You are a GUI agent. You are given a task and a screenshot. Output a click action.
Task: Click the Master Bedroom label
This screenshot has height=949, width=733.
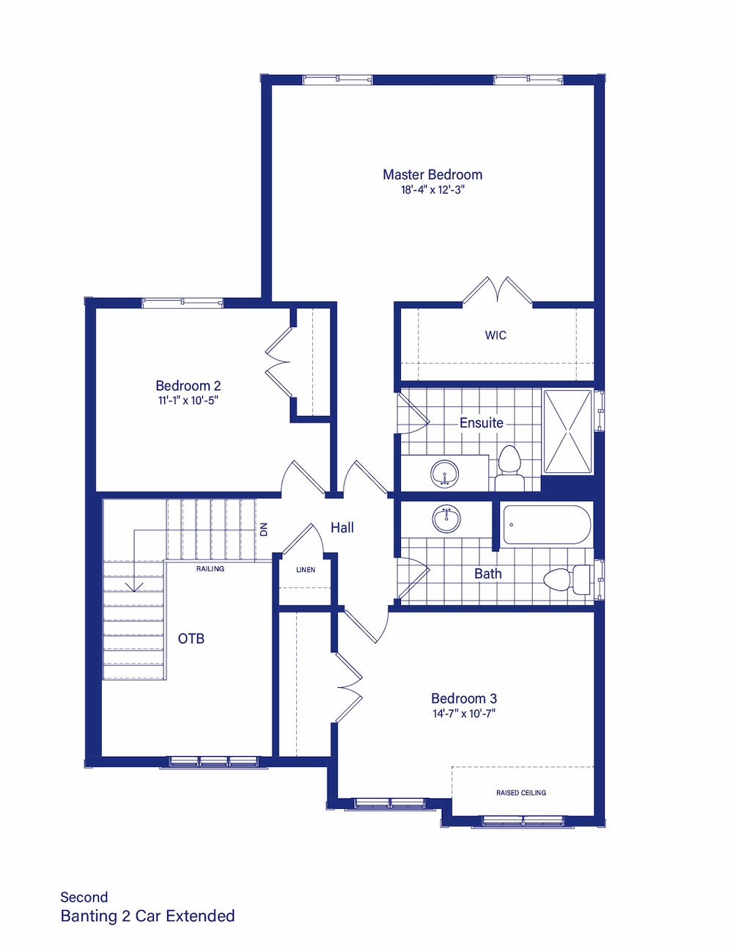tap(432, 175)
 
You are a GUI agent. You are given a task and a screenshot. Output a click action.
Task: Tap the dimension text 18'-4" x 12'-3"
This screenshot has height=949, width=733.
tap(432, 190)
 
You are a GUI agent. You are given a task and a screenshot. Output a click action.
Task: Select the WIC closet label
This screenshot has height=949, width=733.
tap(496, 335)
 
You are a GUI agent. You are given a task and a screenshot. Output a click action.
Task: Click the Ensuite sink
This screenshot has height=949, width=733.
tap(445, 474)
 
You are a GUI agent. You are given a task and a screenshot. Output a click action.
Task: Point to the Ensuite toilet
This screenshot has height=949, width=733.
tap(509, 468)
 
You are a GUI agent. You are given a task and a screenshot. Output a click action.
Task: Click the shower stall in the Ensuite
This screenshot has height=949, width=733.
tap(567, 431)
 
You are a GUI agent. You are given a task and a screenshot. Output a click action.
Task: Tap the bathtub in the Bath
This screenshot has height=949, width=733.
tap(547, 524)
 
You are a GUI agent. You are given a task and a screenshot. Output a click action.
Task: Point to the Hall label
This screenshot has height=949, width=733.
tap(342, 527)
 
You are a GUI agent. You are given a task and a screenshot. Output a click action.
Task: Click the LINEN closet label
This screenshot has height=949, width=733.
tap(306, 570)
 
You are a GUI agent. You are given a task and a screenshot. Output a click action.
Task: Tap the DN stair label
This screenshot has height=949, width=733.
tap(264, 530)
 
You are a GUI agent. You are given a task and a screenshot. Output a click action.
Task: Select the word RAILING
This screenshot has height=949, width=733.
tap(210, 569)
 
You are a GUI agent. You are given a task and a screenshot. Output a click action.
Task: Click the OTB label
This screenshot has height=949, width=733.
tap(191, 639)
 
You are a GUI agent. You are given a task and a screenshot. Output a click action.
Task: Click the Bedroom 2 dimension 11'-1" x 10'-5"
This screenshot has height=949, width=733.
tap(188, 400)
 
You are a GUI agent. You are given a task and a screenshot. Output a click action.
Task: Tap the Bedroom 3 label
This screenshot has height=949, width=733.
tap(464, 698)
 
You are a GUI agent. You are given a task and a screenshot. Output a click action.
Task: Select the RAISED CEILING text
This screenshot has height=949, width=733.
tap(521, 793)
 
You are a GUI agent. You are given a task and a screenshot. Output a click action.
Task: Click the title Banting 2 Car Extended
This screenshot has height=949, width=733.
tap(147, 916)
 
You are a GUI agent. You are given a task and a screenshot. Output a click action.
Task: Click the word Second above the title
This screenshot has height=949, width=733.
tap(84, 898)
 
